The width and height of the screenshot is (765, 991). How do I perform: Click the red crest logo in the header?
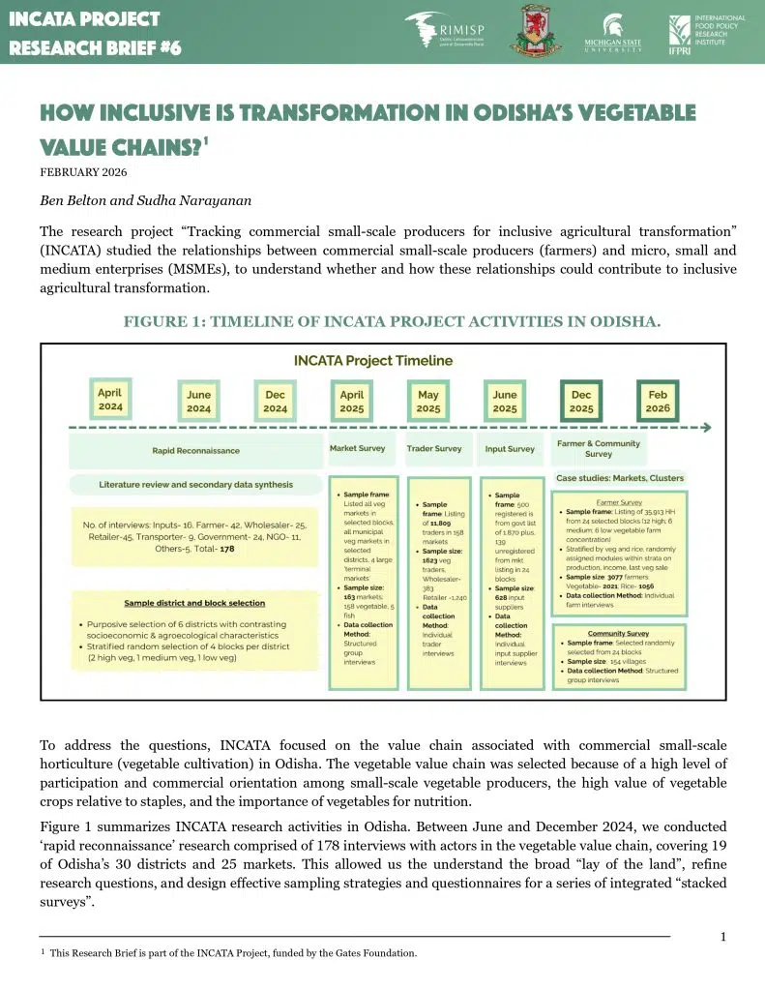[536, 31]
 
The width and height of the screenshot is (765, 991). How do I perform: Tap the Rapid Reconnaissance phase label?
[195, 450]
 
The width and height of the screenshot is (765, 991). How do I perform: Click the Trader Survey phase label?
[434, 449]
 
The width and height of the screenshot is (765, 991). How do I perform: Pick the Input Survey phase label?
[509, 449]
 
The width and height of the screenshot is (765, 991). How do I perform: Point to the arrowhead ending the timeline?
[706, 427]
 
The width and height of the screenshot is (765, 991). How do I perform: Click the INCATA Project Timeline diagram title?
[373, 361]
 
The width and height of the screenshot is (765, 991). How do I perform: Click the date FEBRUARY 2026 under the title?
[83, 173]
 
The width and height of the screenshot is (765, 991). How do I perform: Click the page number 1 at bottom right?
[723, 936]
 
